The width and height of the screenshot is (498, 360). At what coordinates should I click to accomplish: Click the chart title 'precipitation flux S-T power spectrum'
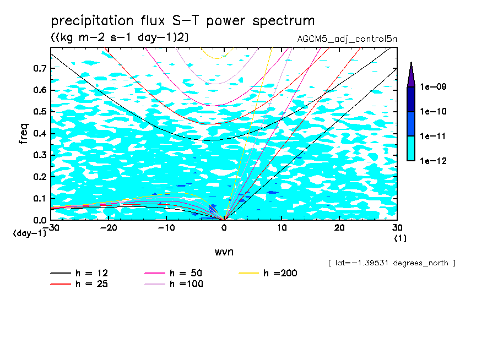(x=182, y=21)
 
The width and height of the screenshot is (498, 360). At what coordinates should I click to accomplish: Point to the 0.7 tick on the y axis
(x=40, y=68)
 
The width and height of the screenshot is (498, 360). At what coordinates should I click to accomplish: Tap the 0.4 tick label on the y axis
(x=40, y=133)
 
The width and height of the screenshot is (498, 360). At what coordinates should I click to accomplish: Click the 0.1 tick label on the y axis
(x=40, y=198)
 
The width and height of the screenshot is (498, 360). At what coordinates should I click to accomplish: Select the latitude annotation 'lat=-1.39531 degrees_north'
(x=391, y=263)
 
